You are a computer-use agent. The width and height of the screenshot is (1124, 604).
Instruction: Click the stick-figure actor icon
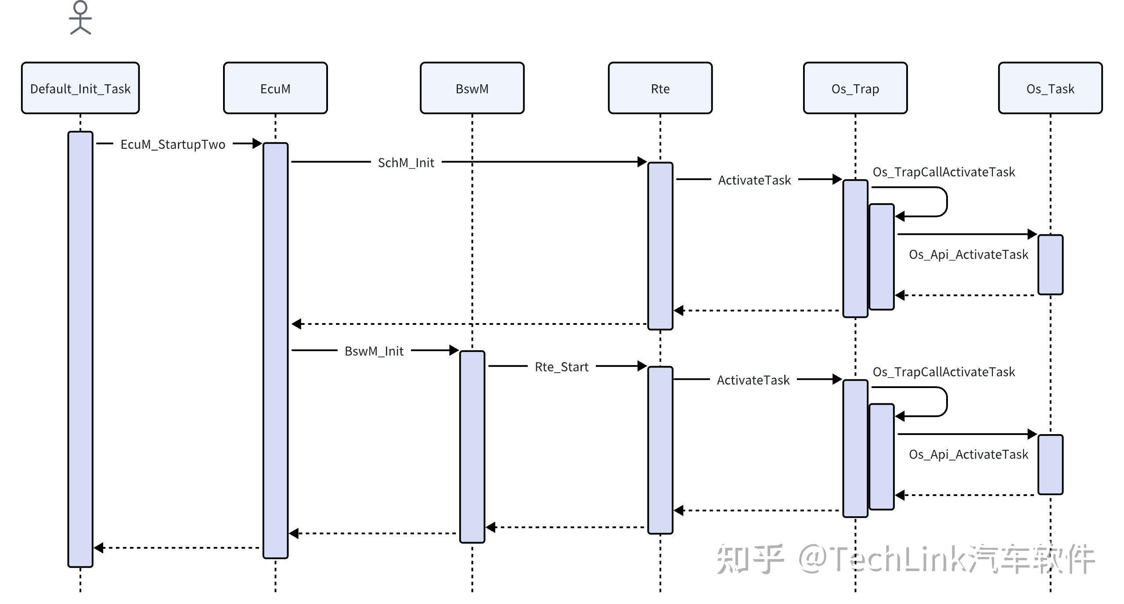[80, 18]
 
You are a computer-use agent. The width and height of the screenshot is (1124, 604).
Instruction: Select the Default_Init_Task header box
[80, 88]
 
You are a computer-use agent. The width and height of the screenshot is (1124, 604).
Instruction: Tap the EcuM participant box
[275, 88]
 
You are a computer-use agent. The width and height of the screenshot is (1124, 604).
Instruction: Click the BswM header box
[472, 88]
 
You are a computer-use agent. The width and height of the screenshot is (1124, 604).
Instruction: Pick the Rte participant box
[660, 88]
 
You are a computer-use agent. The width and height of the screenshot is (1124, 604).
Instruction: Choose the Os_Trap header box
[855, 88]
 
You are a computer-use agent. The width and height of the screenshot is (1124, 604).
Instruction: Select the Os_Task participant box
[1050, 88]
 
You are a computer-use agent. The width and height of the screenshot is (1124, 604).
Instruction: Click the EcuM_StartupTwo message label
[173, 144]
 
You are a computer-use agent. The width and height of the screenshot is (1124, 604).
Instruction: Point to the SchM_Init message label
[406, 163]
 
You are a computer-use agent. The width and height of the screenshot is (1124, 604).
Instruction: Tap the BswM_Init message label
[374, 351]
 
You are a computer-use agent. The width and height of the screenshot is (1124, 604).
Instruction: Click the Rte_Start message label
[561, 367]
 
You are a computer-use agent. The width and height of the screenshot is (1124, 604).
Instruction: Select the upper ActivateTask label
[754, 180]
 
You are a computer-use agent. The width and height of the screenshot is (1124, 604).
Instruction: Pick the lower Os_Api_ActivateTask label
[968, 454]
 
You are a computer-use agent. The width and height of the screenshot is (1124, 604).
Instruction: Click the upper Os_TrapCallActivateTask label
[944, 172]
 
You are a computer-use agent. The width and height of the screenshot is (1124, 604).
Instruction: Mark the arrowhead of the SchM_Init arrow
[642, 162]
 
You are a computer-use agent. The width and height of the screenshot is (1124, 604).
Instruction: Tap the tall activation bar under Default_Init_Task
[80, 349]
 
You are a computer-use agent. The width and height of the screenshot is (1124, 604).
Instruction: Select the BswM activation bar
[472, 446]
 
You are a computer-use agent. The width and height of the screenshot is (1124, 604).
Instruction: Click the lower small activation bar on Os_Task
[1050, 464]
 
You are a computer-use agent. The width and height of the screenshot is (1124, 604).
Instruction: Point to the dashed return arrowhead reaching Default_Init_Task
[99, 548]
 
